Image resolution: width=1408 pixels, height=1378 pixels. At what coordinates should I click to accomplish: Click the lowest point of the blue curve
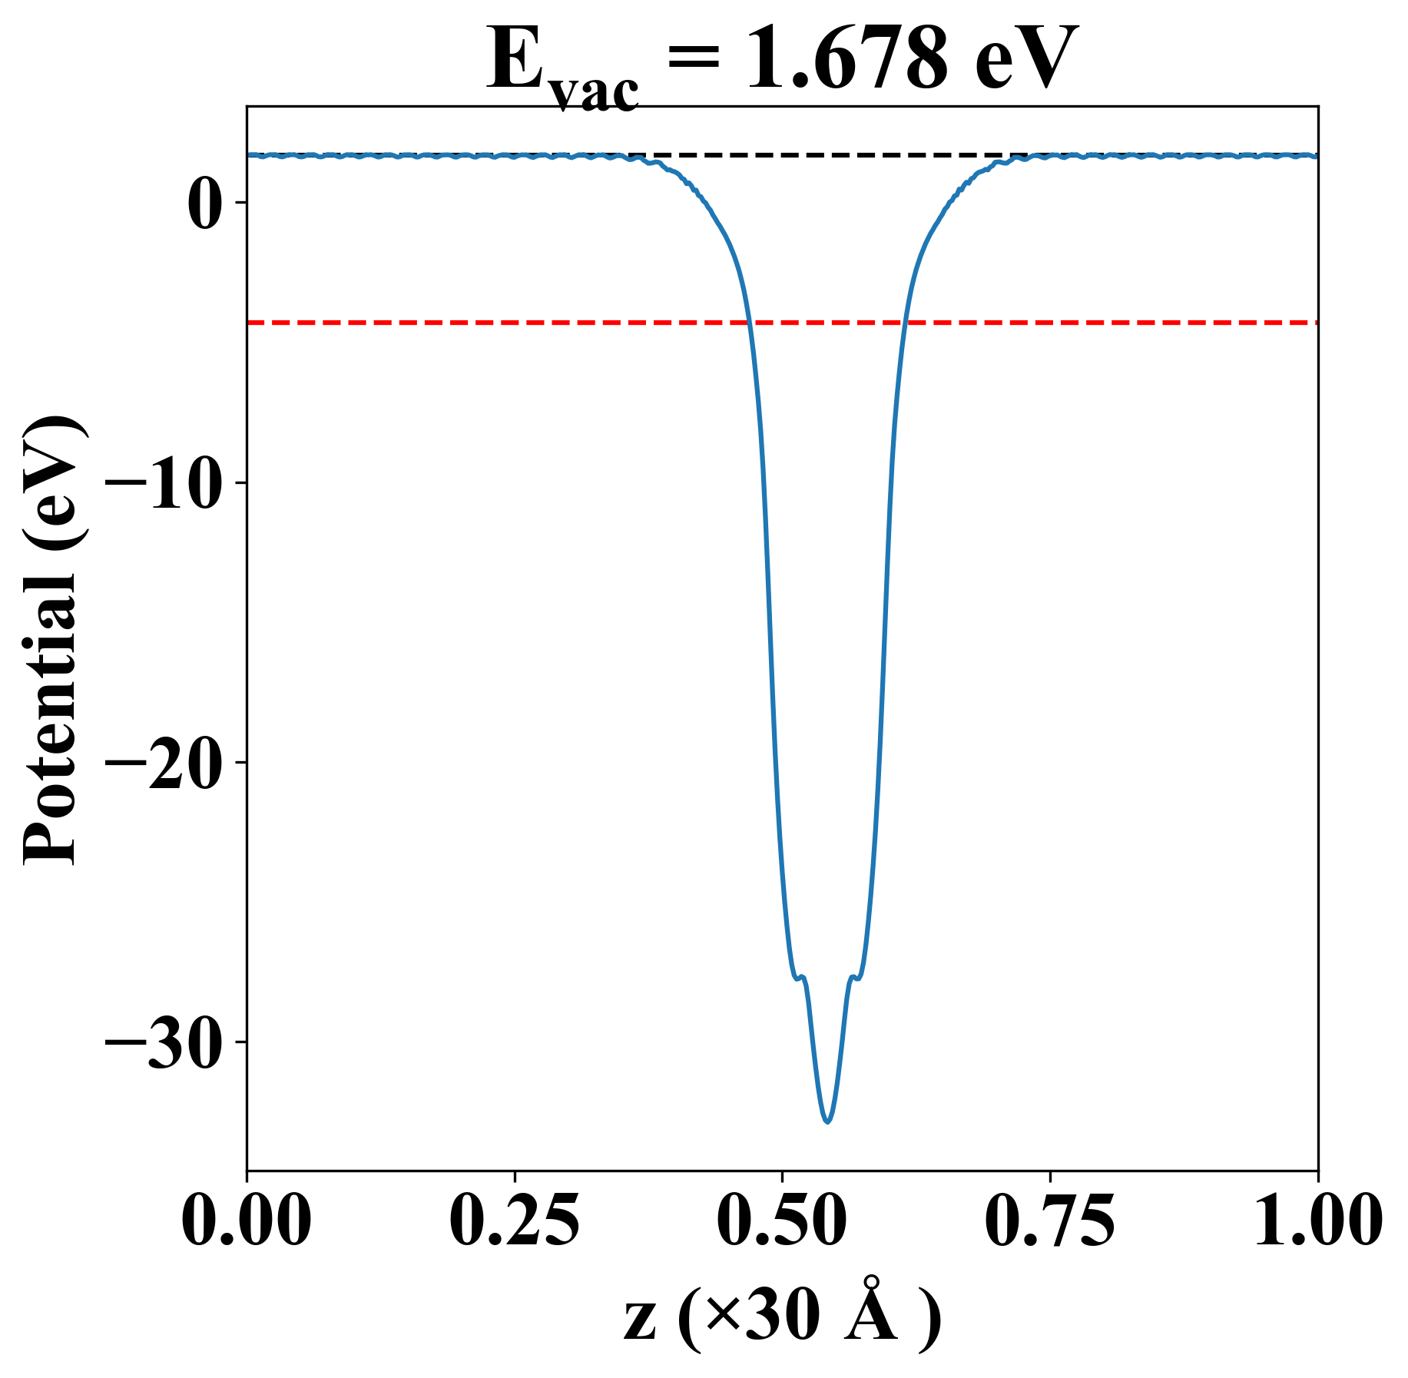coord(827,1121)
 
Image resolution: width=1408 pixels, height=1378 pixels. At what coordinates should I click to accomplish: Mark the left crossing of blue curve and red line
coord(748,323)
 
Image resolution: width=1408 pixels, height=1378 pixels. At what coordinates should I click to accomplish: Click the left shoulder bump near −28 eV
coord(801,977)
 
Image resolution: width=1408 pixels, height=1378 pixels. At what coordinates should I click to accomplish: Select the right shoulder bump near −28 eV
coord(853,977)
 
